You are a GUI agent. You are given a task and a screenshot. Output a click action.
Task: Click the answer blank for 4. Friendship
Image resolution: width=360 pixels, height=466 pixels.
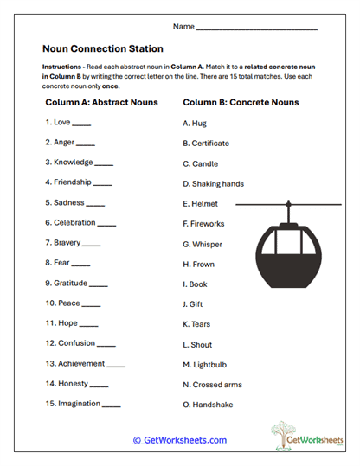[x=101, y=184]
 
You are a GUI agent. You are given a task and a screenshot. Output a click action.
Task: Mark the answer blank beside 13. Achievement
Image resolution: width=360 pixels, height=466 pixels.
[x=116, y=366]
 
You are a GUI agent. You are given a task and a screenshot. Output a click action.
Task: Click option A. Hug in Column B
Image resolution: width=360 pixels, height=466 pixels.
[x=195, y=123]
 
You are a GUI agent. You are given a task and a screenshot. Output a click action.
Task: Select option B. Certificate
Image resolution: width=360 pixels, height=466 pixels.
[x=205, y=143]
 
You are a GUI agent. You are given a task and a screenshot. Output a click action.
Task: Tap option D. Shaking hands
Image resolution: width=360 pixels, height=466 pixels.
[x=213, y=183]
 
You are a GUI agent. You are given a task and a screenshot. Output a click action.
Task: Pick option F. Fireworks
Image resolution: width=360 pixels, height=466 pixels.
[x=203, y=224]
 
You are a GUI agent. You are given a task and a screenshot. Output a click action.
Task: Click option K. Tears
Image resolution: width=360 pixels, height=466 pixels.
[x=198, y=323]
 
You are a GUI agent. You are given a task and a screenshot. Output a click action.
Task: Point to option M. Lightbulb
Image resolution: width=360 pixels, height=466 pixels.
[x=206, y=364]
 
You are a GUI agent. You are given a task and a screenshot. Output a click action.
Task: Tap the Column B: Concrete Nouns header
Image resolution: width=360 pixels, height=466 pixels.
[x=241, y=102]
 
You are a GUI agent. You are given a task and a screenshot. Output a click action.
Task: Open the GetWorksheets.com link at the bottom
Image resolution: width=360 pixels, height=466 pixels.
[x=179, y=440]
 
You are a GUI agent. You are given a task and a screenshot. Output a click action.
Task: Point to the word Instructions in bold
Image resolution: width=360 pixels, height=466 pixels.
[x=61, y=66]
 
